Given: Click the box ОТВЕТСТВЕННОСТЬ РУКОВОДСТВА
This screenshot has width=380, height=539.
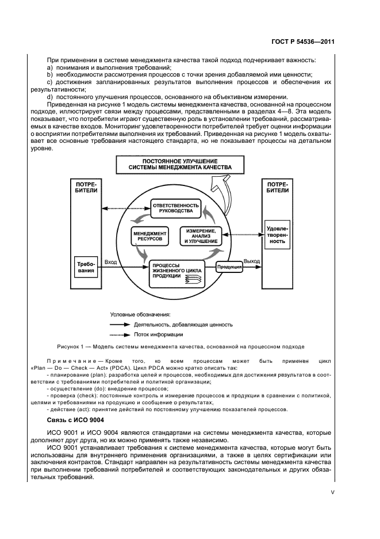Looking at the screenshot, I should tap(175, 208).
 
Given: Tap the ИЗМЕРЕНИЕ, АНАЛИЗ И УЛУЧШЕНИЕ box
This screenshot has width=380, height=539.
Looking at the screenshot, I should tap(201, 236).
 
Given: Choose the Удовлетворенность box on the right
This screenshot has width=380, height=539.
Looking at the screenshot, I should tap(277, 234).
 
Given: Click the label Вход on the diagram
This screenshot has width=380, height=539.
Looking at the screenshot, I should tap(111, 262).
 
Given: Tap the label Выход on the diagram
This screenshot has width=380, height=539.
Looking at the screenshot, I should tap(251, 261).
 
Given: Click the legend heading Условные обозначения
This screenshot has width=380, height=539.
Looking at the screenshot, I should tap(140, 314).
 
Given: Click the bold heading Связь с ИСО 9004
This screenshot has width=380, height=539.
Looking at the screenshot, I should tap(64, 420).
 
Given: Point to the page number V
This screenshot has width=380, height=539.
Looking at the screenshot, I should tap(332, 492).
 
